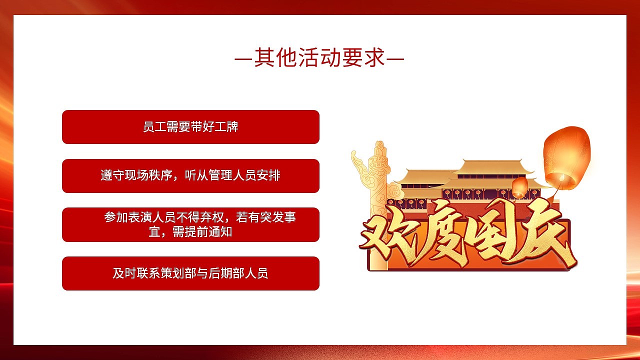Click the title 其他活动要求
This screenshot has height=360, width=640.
click(x=319, y=57)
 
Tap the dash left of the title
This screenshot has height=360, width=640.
click(x=243, y=59)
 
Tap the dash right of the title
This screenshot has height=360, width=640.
click(x=395, y=59)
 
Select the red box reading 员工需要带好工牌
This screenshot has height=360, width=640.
click(x=190, y=127)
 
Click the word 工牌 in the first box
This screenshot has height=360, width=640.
click(x=226, y=127)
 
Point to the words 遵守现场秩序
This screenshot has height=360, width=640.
click(x=136, y=175)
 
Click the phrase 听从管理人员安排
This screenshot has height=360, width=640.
click(x=232, y=175)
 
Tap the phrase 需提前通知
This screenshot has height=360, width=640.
click(x=202, y=231)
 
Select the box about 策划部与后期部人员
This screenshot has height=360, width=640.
click(x=190, y=273)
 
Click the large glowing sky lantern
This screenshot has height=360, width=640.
click(x=566, y=158)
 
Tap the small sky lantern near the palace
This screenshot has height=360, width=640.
click(x=519, y=187)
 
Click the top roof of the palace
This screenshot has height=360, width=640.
click(x=493, y=167)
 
